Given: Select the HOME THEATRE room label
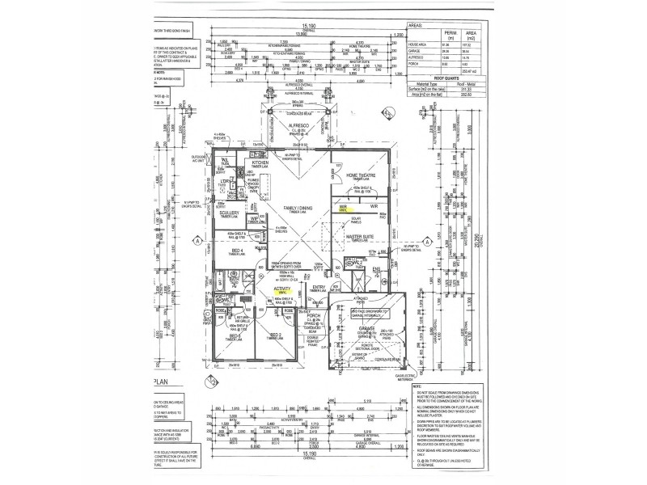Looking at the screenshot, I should pyautogui.click(x=362, y=175).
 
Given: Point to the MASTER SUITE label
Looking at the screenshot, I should pyautogui.click(x=363, y=236).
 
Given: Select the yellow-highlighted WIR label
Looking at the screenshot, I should pyautogui.click(x=344, y=208).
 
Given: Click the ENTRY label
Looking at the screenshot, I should pyautogui.click(x=319, y=286).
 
